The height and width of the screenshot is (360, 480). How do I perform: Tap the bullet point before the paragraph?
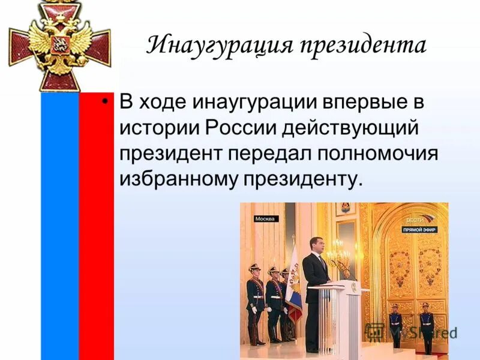(106, 102)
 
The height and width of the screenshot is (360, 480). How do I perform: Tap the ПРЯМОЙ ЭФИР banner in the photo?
(419, 229)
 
